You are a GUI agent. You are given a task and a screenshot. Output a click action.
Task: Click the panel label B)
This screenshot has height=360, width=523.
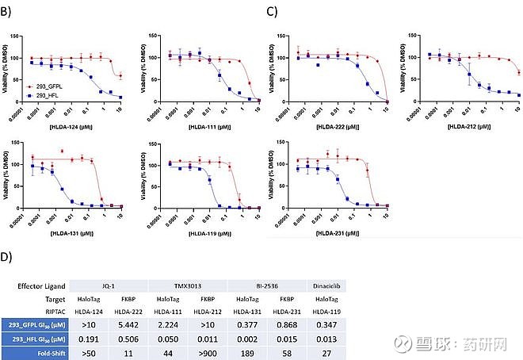pyautogui.click(x=7, y=12)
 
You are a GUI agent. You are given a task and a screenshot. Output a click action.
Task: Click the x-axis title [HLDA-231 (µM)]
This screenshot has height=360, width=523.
pyautogui.click(x=342, y=232)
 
